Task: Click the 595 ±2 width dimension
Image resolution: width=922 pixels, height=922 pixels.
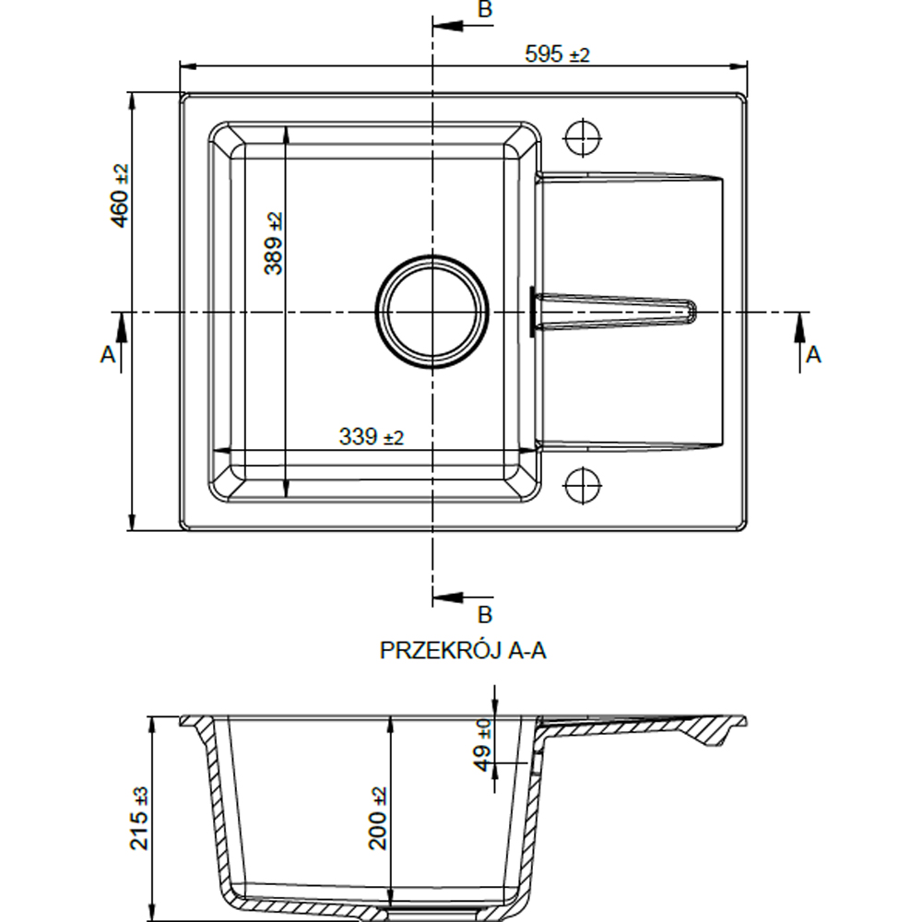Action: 556,54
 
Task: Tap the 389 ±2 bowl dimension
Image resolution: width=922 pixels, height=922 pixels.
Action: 274,243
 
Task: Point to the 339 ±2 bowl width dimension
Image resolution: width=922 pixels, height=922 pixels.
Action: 371,437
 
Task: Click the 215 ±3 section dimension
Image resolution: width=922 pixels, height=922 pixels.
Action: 139,818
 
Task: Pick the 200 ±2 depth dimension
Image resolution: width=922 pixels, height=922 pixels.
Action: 378,818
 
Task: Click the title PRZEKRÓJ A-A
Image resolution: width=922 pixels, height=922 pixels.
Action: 463,650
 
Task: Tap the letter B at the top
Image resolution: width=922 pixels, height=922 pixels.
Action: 485,10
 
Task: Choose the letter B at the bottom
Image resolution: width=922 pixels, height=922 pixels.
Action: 485,614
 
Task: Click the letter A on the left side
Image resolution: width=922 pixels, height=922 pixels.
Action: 108,355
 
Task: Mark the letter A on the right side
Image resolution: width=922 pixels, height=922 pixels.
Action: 813,355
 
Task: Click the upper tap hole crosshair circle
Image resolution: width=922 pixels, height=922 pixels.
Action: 583,138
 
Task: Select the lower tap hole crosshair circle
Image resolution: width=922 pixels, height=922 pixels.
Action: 583,486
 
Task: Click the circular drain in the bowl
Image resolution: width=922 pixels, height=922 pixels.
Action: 432,312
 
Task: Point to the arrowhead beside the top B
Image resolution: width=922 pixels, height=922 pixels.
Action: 447,26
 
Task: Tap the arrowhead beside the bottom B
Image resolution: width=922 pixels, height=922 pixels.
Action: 447,598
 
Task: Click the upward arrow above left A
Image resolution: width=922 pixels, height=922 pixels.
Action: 122,327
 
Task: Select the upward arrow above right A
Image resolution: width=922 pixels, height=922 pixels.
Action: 799,327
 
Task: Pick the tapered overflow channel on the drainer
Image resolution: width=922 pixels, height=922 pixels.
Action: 613,311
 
